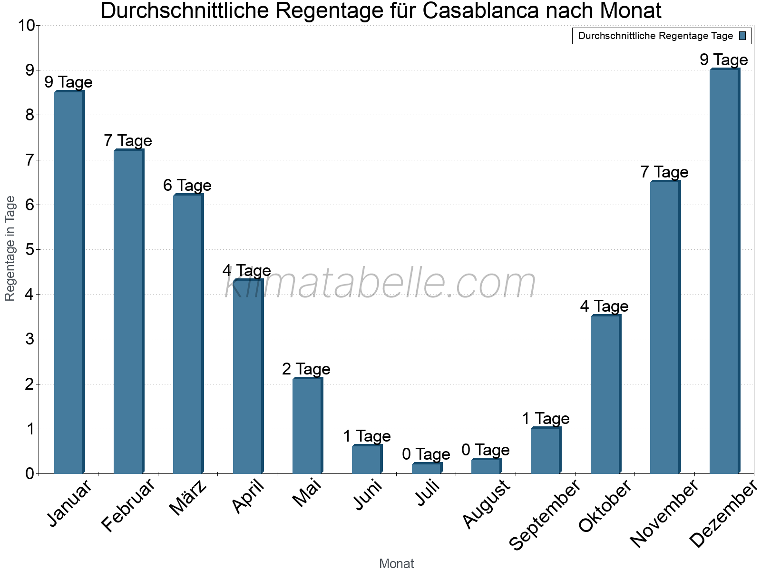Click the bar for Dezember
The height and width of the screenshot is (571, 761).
tap(724, 271)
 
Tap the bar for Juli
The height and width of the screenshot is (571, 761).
tap(427, 468)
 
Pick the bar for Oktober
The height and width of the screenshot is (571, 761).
tap(605, 394)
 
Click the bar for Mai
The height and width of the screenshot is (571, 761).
tap(307, 425)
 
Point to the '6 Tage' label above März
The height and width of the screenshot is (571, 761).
tap(187, 185)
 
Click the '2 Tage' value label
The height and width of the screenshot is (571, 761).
tap(306, 369)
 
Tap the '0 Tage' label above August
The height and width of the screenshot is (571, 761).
tap(486, 450)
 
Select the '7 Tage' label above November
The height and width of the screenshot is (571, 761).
tap(664, 172)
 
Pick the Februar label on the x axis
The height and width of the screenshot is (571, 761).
tap(128, 505)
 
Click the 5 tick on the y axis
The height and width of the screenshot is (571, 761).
tap(30, 249)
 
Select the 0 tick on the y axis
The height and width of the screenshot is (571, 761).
tap(30, 473)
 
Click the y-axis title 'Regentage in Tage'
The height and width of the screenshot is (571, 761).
tap(10, 248)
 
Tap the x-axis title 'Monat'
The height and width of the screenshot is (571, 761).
tap(396, 563)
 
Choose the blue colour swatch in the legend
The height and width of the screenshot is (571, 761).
tap(742, 36)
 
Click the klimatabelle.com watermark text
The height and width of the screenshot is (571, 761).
tap(380, 283)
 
